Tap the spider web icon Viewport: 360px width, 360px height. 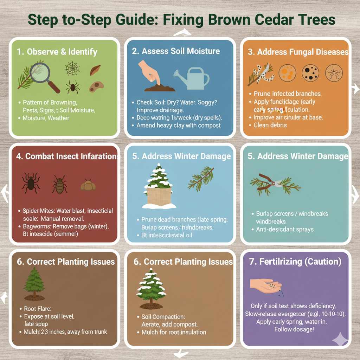click(x=72, y=68)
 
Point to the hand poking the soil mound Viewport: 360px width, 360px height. click(x=149, y=72)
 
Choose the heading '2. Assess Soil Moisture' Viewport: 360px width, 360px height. click(x=176, y=51)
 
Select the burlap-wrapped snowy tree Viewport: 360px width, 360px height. click(x=159, y=186)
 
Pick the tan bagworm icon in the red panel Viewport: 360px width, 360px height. click(x=88, y=185)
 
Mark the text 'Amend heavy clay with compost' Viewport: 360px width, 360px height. click(x=179, y=126)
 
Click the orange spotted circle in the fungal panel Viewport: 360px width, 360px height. click(x=287, y=73)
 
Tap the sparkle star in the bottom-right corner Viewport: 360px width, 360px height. click(x=340, y=340)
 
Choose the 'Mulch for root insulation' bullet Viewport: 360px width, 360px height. click(x=174, y=332)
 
